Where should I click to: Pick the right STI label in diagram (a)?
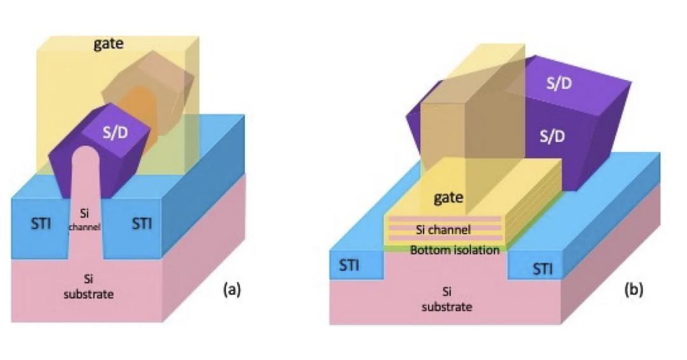coord(141,224)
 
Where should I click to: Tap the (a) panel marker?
coord(231,289)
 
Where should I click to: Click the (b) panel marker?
coord(633,289)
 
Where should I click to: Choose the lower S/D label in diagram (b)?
coord(552,136)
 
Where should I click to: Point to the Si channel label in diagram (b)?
coord(443,230)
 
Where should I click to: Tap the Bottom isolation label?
coord(455,250)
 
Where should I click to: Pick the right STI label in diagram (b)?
coord(542,269)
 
